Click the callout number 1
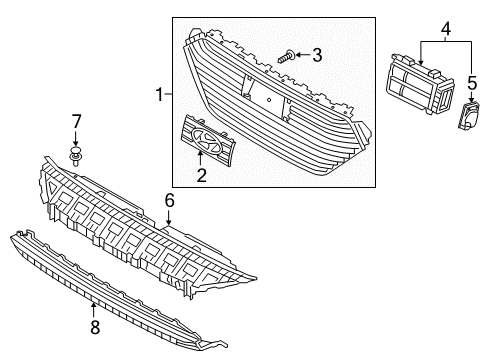(158, 96)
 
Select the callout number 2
(201, 176)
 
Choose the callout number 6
(169, 200)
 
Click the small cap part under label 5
(468, 118)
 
